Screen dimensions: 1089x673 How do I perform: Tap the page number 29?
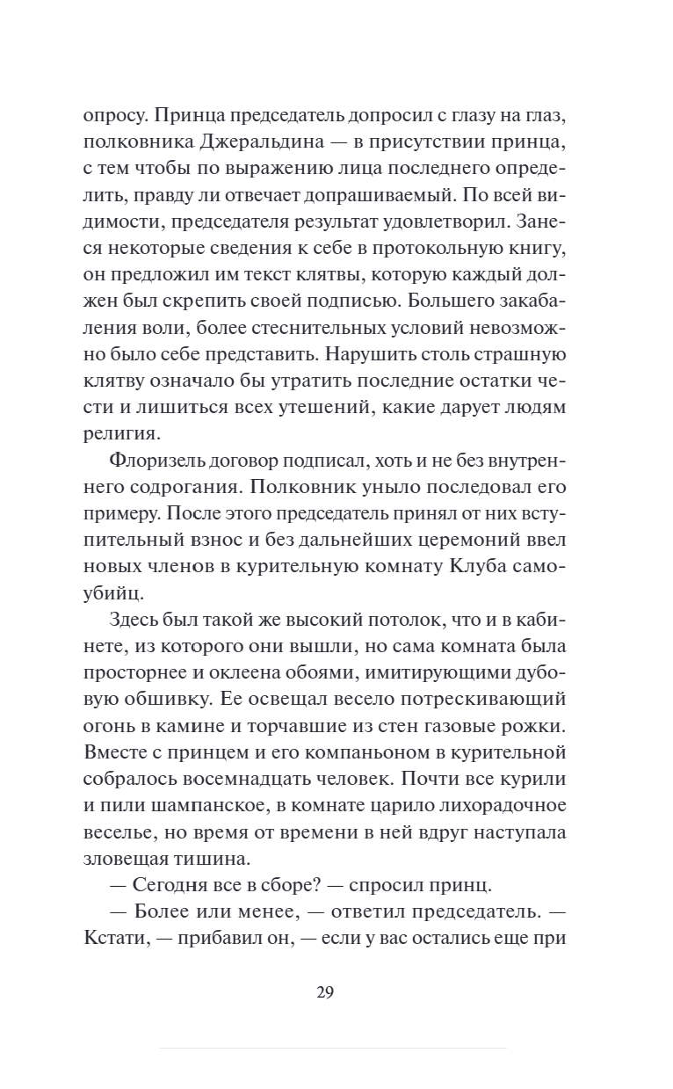point(325,993)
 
